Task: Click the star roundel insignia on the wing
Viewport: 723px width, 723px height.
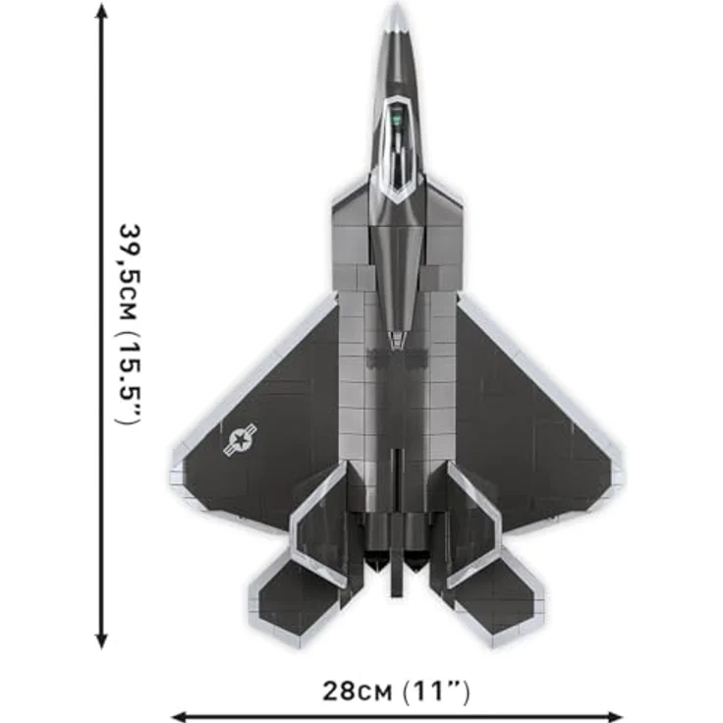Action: (x=241, y=439)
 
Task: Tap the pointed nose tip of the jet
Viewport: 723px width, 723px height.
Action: (x=396, y=7)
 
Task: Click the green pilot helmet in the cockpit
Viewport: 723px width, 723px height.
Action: (x=396, y=110)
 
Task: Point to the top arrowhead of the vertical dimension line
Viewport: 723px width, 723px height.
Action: (x=101, y=10)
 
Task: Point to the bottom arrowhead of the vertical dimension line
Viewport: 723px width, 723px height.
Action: (x=101, y=641)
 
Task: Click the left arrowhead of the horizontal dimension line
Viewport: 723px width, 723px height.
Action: (x=179, y=717)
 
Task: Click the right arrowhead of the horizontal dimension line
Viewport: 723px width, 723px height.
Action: (x=616, y=717)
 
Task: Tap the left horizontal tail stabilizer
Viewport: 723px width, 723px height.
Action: (x=292, y=599)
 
